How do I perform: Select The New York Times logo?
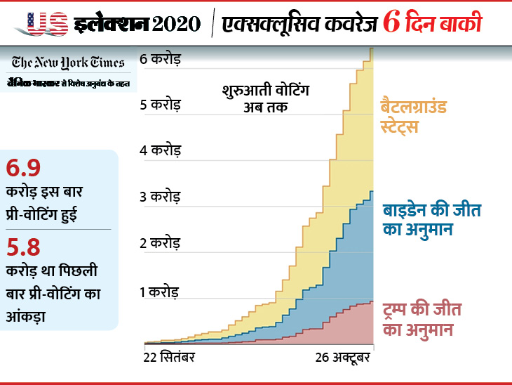68,62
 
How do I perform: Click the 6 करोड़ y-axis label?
161,59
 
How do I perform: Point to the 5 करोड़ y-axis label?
161,105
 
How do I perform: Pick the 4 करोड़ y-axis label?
161,150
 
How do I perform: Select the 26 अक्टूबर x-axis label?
345,357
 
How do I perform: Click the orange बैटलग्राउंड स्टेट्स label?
414,117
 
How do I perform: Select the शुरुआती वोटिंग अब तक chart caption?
265,99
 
